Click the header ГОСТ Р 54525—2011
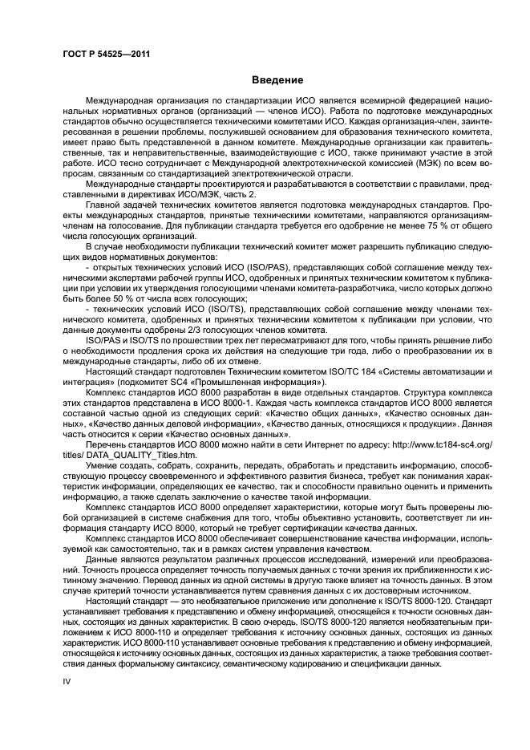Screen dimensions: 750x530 107,54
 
